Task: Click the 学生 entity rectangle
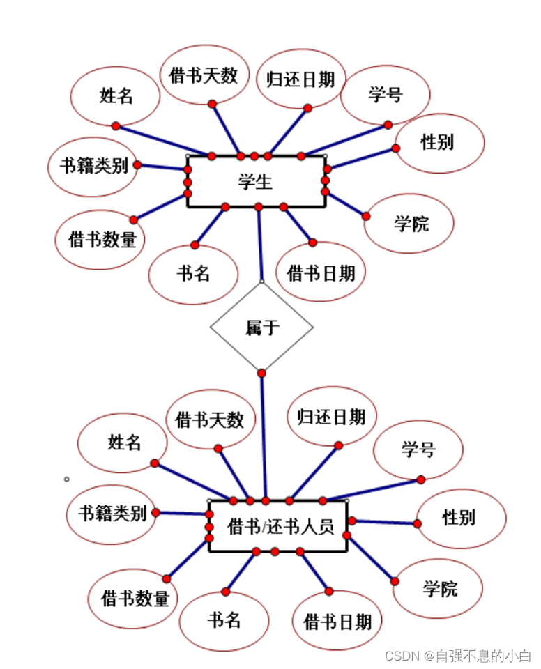click(x=256, y=182)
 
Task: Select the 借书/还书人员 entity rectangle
click(x=278, y=526)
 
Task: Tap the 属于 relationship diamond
click(x=261, y=328)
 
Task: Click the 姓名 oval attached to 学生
click(x=116, y=95)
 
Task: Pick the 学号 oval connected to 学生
click(x=385, y=95)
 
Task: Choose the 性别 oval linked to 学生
click(x=439, y=143)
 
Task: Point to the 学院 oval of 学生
click(x=410, y=224)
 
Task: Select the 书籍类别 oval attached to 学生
click(x=93, y=167)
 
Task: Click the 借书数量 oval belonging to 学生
click(x=100, y=240)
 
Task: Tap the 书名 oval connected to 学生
click(x=193, y=274)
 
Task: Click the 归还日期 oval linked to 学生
click(x=300, y=78)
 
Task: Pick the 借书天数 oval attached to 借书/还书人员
click(x=210, y=419)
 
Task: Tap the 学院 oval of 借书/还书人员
click(x=438, y=589)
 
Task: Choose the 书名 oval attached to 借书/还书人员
click(x=224, y=620)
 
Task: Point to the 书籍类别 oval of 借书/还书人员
click(x=112, y=514)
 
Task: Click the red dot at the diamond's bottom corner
click(x=261, y=374)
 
